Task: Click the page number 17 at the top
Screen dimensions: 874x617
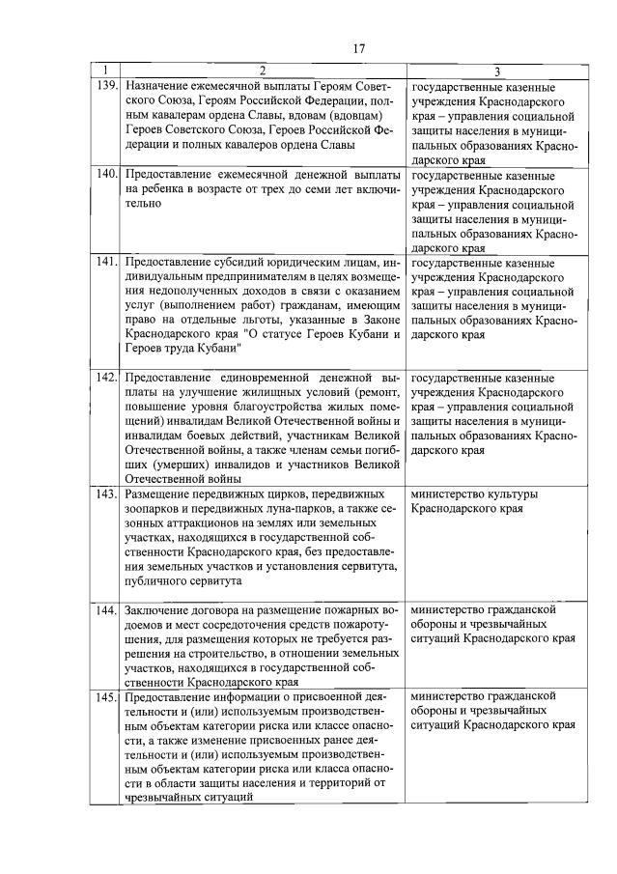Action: pos(358,48)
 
